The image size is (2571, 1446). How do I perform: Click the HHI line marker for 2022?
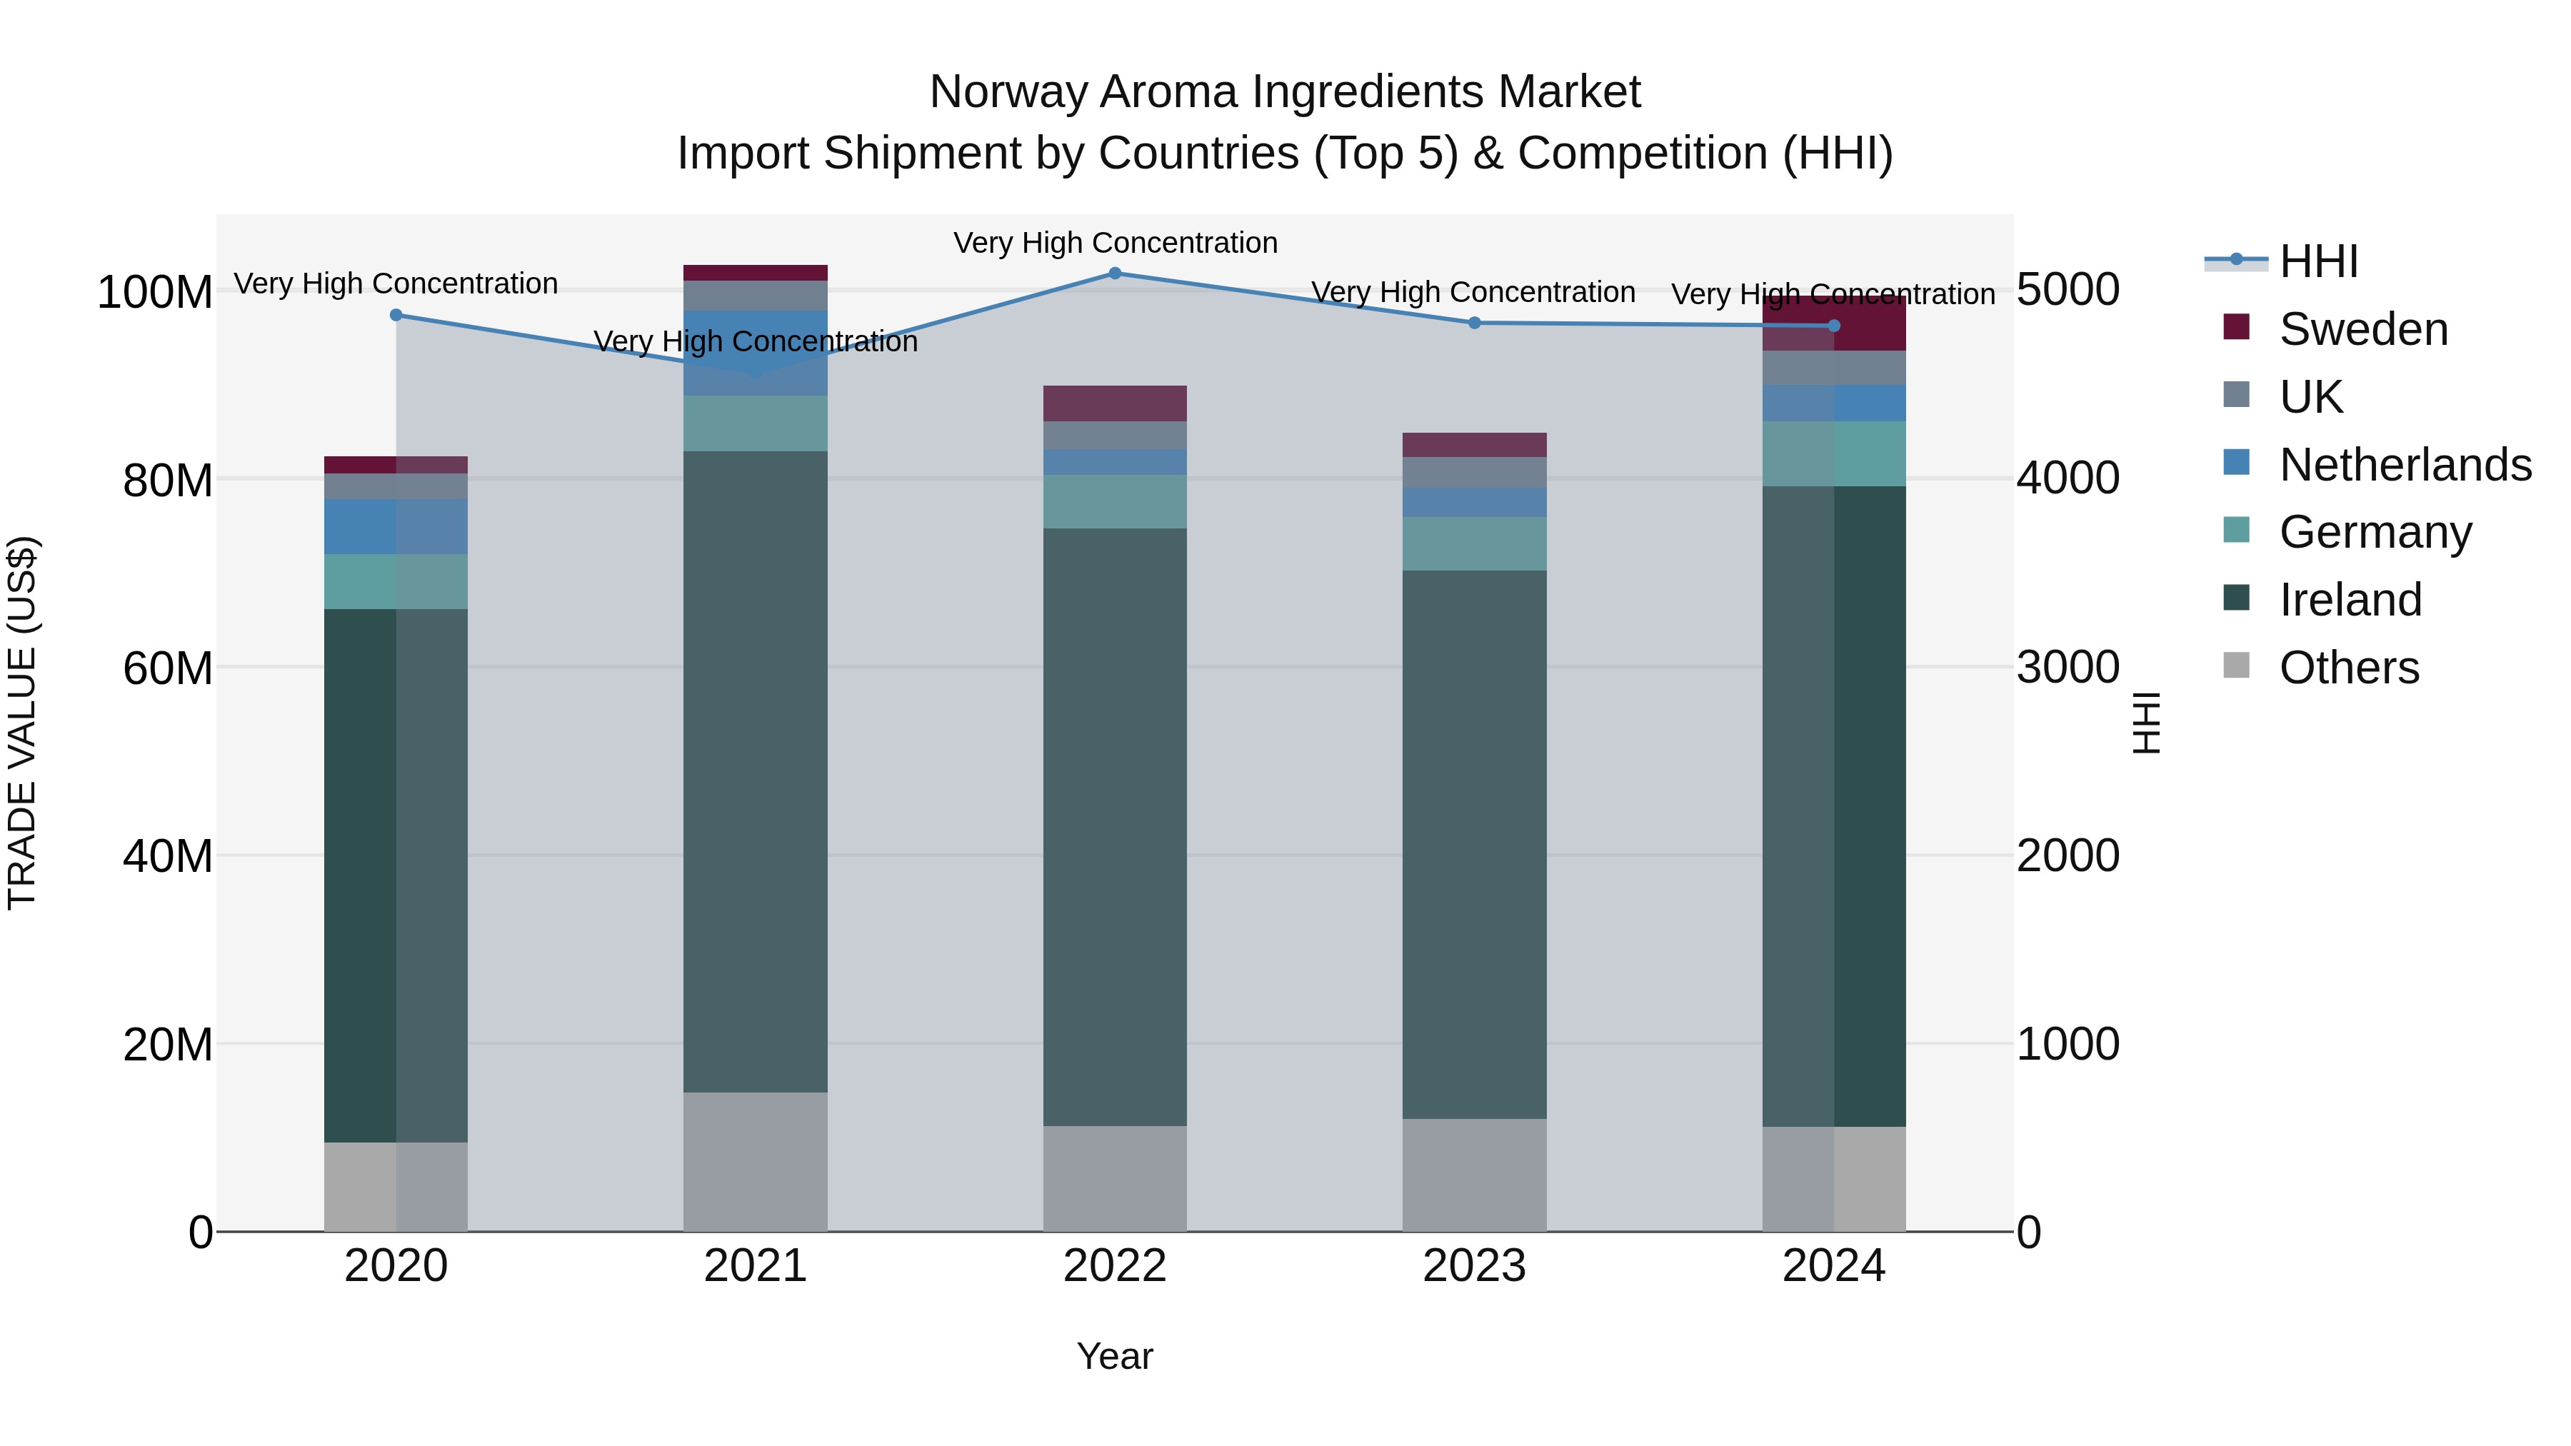(1115, 273)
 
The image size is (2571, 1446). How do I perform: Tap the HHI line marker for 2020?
(396, 316)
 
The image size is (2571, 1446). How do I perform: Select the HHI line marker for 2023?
(1474, 323)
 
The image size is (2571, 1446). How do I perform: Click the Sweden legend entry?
(2362, 329)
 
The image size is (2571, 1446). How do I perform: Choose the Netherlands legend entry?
(2405, 465)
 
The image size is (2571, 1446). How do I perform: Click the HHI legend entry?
(2317, 261)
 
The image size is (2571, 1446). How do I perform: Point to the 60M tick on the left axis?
(168, 668)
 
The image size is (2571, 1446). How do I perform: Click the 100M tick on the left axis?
(155, 292)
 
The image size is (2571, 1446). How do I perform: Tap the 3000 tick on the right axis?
(2067, 668)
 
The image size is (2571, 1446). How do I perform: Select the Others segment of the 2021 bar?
(756, 1162)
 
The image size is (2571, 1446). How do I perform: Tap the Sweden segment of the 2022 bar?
(1115, 403)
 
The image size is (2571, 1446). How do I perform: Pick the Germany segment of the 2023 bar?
(1474, 544)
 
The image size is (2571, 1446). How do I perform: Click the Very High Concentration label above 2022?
(1115, 243)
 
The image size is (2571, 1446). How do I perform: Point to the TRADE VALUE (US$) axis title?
(22, 723)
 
